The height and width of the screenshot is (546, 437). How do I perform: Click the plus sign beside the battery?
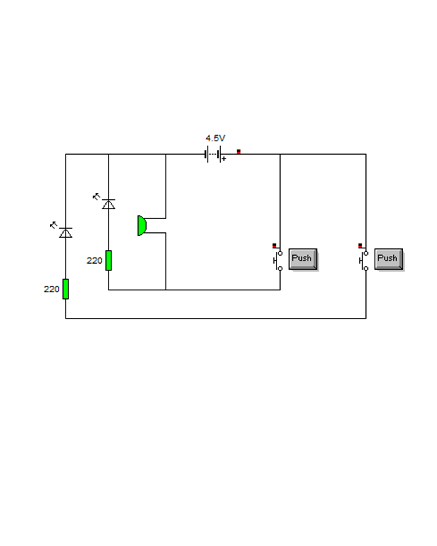pos(224,159)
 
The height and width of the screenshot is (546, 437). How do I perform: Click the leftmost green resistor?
pos(66,289)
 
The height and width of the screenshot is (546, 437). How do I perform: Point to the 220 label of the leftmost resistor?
pos(51,289)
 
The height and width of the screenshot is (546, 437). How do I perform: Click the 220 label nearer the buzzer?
pos(94,261)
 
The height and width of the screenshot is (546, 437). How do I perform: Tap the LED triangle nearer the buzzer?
pos(108,204)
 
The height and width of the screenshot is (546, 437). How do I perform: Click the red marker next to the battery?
pos(238,151)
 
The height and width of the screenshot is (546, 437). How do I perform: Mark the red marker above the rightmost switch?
pos(360,245)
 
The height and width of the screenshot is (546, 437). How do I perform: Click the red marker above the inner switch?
pos(274,245)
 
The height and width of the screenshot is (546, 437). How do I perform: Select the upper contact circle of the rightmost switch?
pos(366,253)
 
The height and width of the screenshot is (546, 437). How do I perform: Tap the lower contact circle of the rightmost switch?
pos(366,268)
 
